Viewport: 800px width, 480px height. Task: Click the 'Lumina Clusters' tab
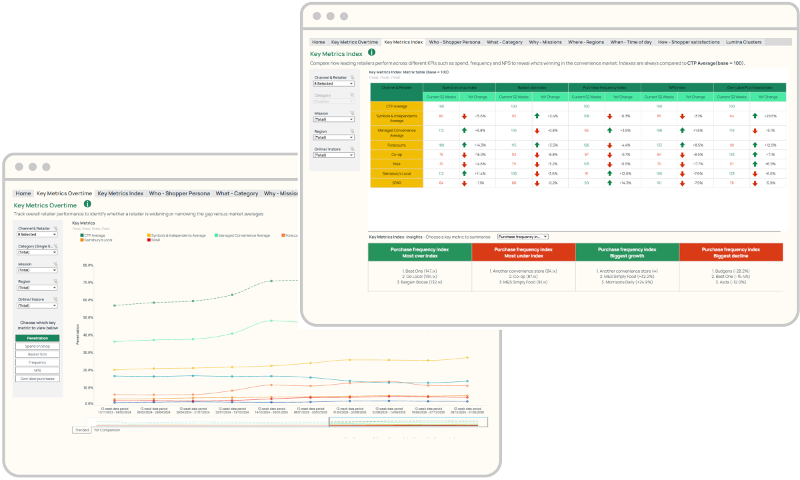(743, 42)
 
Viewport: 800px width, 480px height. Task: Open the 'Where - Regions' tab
(586, 42)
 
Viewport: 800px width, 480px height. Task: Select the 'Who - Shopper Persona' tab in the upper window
(455, 42)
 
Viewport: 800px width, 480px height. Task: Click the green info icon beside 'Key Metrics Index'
(371, 52)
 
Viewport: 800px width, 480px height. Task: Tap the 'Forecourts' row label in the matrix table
(397, 145)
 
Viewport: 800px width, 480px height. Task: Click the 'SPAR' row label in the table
(397, 183)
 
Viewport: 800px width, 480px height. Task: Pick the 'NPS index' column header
(677, 87)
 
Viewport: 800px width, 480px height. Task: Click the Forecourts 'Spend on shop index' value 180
(441, 145)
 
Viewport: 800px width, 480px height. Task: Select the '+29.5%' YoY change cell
(771, 116)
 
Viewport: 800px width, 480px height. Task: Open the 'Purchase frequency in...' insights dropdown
(523, 237)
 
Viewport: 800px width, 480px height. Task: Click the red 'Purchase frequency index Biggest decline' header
(731, 253)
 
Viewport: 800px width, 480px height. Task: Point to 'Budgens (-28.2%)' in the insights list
(731, 271)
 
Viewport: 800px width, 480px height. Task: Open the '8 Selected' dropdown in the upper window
(333, 84)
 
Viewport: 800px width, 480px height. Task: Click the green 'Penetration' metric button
(37, 338)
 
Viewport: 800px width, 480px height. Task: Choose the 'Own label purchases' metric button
(37, 378)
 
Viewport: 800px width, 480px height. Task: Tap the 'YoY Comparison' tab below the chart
(107, 430)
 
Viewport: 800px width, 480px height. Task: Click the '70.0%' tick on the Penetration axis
(87, 282)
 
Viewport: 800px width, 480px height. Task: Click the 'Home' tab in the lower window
(23, 193)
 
